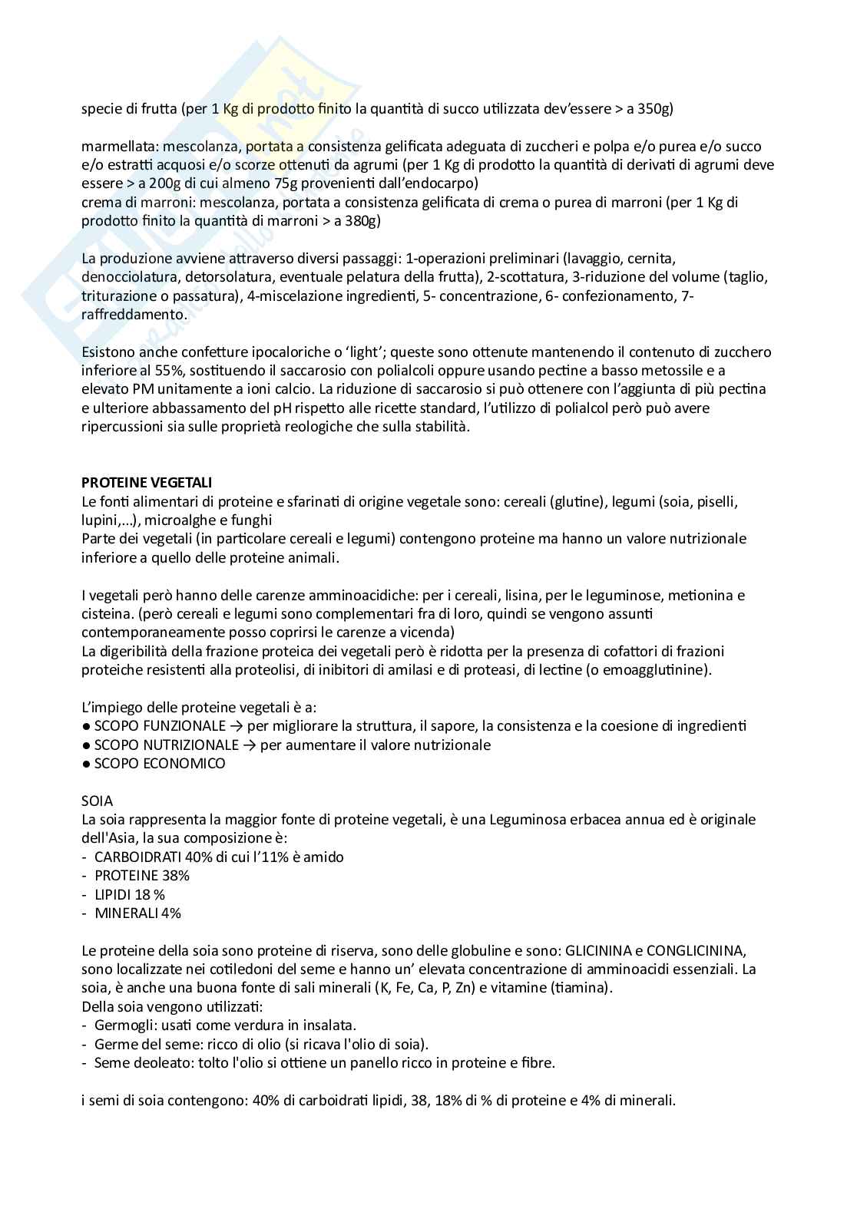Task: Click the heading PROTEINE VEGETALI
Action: point(147,483)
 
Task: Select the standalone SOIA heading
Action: point(97,801)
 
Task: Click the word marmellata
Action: point(116,147)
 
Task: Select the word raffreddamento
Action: point(133,315)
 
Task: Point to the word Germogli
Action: point(123,1025)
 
